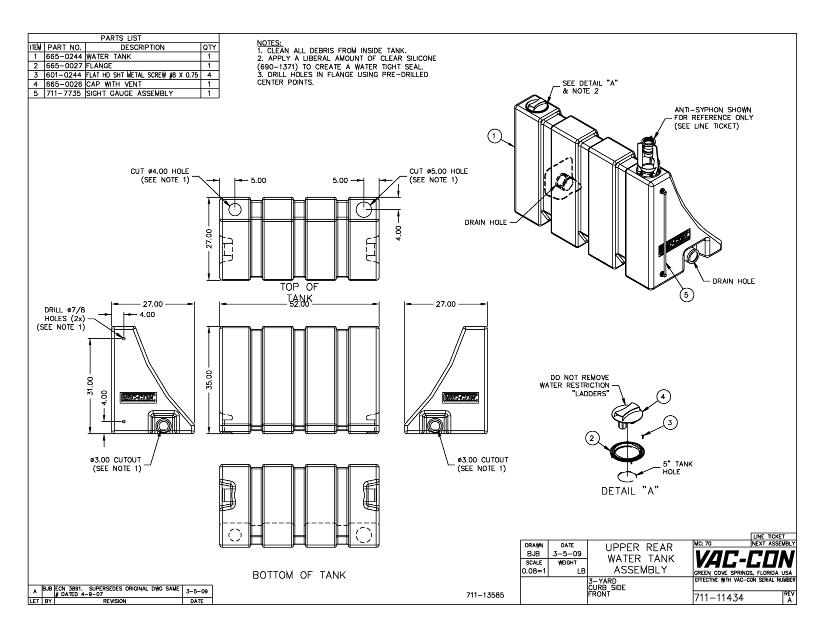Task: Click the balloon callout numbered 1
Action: click(x=494, y=136)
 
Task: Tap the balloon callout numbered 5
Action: click(x=686, y=295)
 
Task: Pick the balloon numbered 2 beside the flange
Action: click(x=592, y=438)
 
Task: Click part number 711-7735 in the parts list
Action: click(x=64, y=93)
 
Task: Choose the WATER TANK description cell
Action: click(x=108, y=57)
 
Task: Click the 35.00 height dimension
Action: click(x=210, y=379)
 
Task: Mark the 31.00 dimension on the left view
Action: click(x=90, y=385)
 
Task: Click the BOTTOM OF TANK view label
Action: click(x=299, y=575)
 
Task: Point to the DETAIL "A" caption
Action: click(x=629, y=491)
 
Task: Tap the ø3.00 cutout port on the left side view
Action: click(x=162, y=425)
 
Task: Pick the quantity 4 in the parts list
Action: click(x=209, y=75)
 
